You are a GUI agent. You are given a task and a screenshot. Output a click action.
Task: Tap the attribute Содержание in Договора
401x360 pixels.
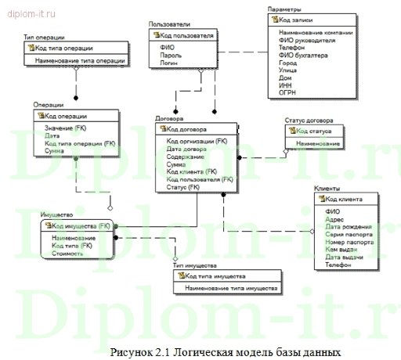(x=185, y=157)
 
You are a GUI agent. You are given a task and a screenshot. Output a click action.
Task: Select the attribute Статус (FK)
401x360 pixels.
(x=183, y=187)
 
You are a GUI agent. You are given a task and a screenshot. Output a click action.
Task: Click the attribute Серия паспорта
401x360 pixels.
(x=348, y=234)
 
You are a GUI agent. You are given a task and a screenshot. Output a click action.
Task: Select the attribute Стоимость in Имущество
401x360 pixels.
(x=68, y=253)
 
